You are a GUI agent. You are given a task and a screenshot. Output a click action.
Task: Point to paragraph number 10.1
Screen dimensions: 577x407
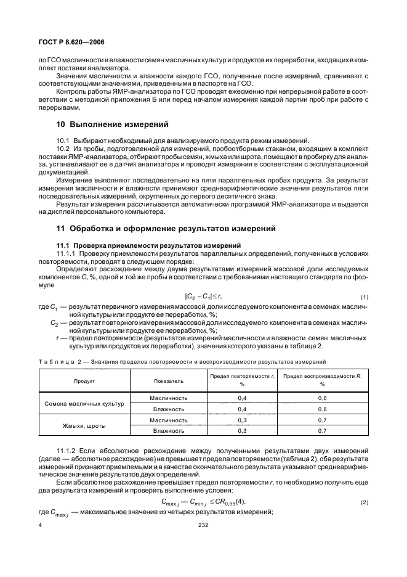pyautogui.click(x=64, y=141)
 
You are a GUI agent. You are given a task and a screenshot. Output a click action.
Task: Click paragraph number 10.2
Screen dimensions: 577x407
pyautogui.click(x=64, y=149)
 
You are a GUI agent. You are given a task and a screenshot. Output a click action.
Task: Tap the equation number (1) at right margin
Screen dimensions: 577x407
pyautogui.click(x=364, y=297)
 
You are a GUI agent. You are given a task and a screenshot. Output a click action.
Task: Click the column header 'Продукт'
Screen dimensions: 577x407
pyautogui.click(x=84, y=381)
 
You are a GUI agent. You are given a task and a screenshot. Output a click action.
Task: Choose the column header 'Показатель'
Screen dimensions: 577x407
pyautogui.click(x=168, y=381)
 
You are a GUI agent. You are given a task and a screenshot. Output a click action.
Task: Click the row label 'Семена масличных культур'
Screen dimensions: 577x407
pyautogui.click(x=84, y=403)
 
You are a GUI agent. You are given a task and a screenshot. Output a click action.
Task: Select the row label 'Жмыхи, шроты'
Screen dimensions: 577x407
pyautogui.click(x=84, y=425)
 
